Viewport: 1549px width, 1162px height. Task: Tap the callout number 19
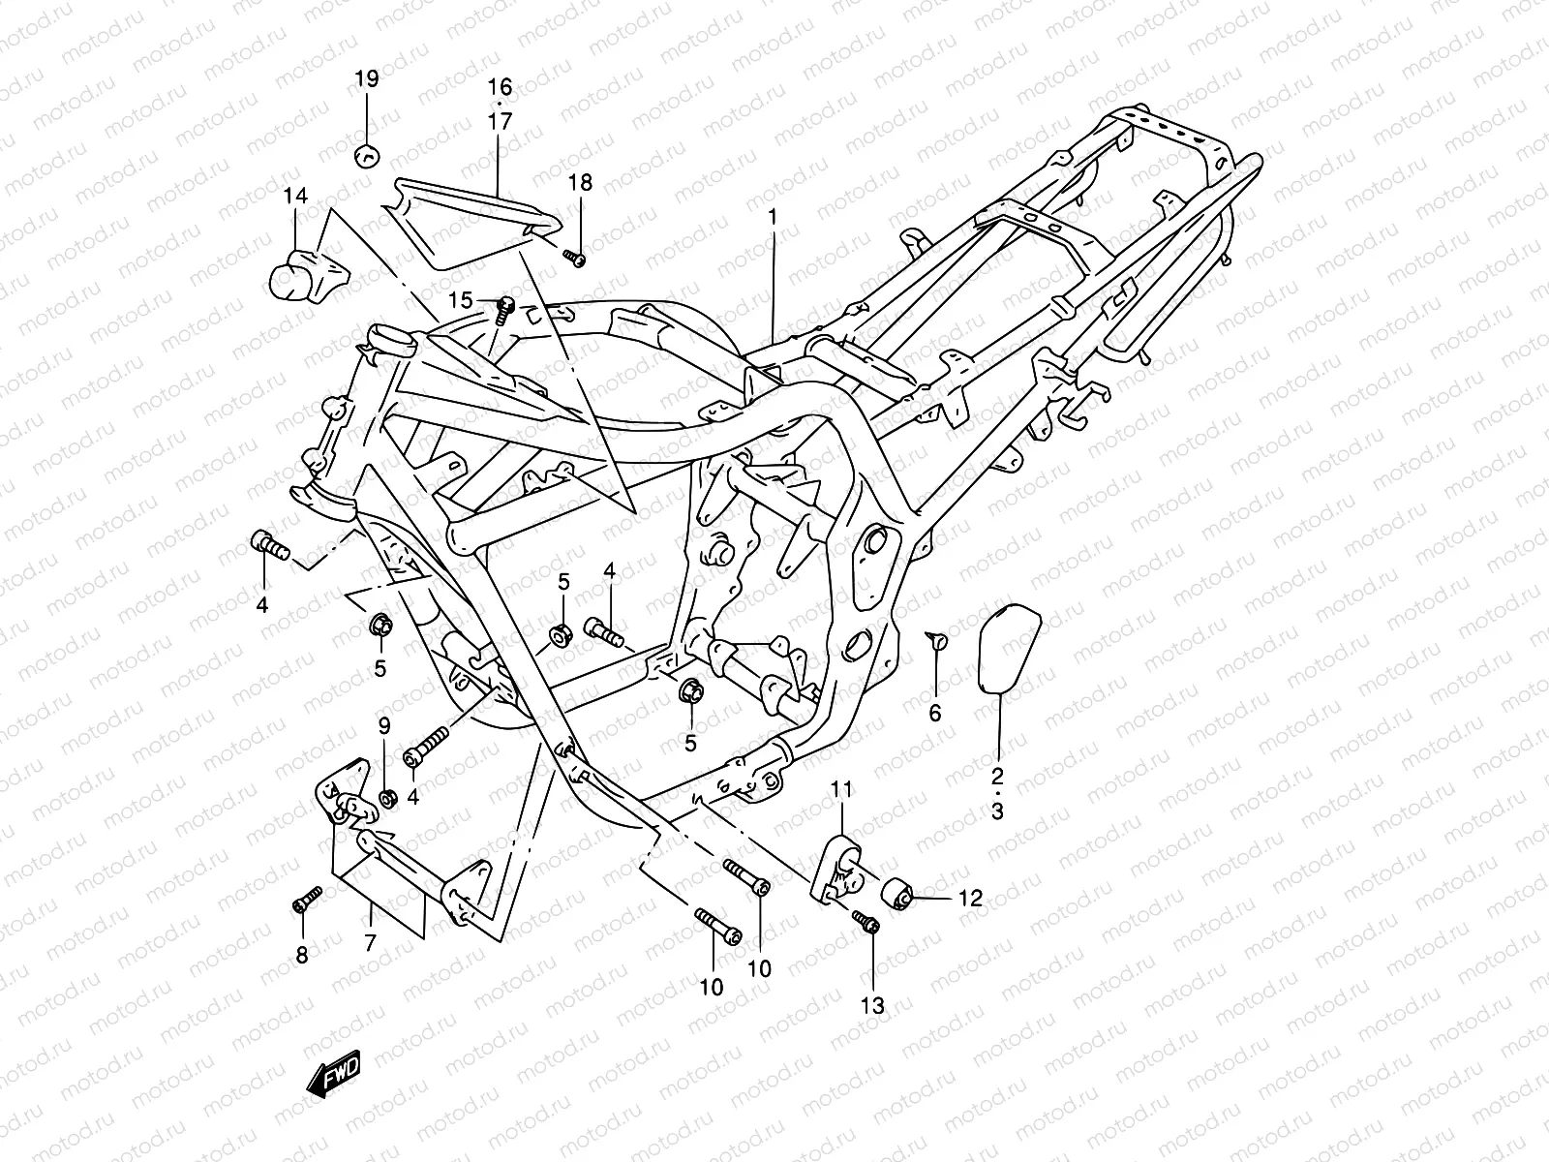[367, 79]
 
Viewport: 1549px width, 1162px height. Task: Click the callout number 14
[295, 197]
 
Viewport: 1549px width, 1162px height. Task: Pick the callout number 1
[773, 218]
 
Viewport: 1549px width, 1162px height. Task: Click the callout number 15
[461, 301]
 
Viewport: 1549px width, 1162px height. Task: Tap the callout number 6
[935, 714]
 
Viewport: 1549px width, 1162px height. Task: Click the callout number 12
[970, 899]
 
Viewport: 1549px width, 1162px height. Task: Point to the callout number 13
[872, 1006]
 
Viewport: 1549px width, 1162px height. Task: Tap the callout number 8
[301, 956]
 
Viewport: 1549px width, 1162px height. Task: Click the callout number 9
[383, 724]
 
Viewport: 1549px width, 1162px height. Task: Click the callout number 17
[500, 122]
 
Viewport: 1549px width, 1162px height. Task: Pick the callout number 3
[997, 811]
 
